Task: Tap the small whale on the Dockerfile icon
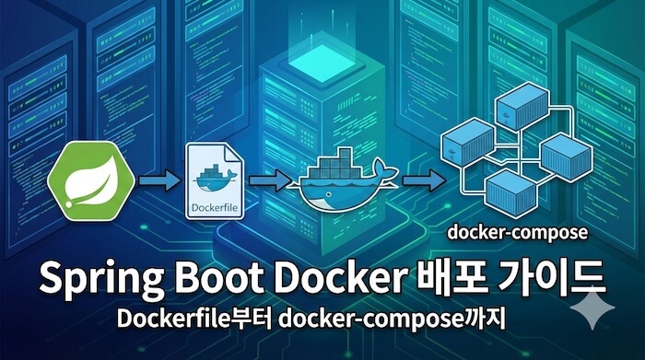[x=213, y=174]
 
